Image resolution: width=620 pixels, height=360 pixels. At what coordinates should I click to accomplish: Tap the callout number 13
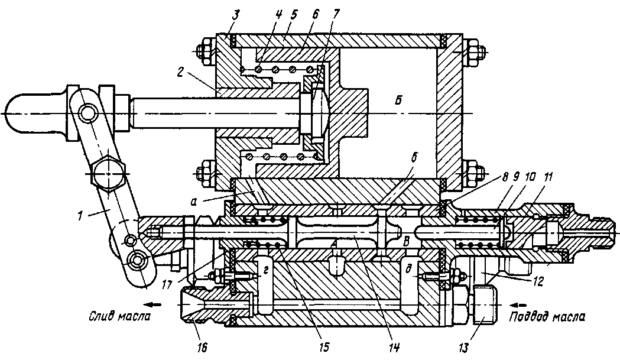click(463, 348)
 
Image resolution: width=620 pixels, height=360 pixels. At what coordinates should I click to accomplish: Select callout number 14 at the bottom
click(394, 348)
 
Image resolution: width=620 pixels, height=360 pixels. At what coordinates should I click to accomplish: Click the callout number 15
click(323, 348)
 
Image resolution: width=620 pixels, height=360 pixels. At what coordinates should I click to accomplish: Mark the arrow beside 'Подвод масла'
click(519, 304)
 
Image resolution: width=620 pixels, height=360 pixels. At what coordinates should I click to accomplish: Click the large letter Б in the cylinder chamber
click(398, 101)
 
